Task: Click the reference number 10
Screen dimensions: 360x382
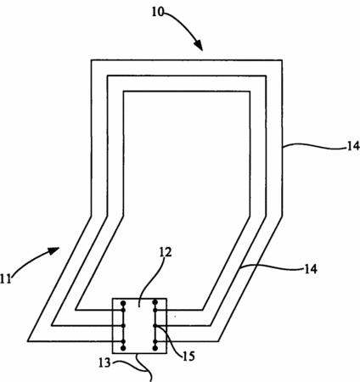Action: (158, 12)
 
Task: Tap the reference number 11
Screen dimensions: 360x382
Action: (6, 278)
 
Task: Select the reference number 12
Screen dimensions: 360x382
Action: (166, 252)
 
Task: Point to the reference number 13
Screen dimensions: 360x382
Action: (104, 362)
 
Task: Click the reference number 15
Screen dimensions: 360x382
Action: (188, 357)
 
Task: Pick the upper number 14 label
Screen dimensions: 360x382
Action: (353, 146)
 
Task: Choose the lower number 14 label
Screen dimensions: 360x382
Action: (311, 269)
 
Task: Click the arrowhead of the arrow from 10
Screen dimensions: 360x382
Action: (199, 45)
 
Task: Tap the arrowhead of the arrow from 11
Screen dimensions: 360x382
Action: (53, 250)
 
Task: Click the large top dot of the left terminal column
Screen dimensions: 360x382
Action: (123, 303)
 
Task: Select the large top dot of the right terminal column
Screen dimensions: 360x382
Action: (155, 302)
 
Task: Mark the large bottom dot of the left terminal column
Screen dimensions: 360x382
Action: (123, 348)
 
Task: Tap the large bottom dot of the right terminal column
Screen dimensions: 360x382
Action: (155, 348)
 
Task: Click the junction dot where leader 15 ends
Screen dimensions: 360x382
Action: (155, 326)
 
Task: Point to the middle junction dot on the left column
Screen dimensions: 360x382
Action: (123, 326)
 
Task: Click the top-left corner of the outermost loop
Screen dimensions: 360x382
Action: (91, 60)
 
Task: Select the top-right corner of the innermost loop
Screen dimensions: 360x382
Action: (250, 92)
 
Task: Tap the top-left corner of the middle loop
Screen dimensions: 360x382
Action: (107, 76)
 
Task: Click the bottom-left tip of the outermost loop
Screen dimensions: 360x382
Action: (28, 341)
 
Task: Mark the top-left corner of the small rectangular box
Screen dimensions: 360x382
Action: (113, 299)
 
